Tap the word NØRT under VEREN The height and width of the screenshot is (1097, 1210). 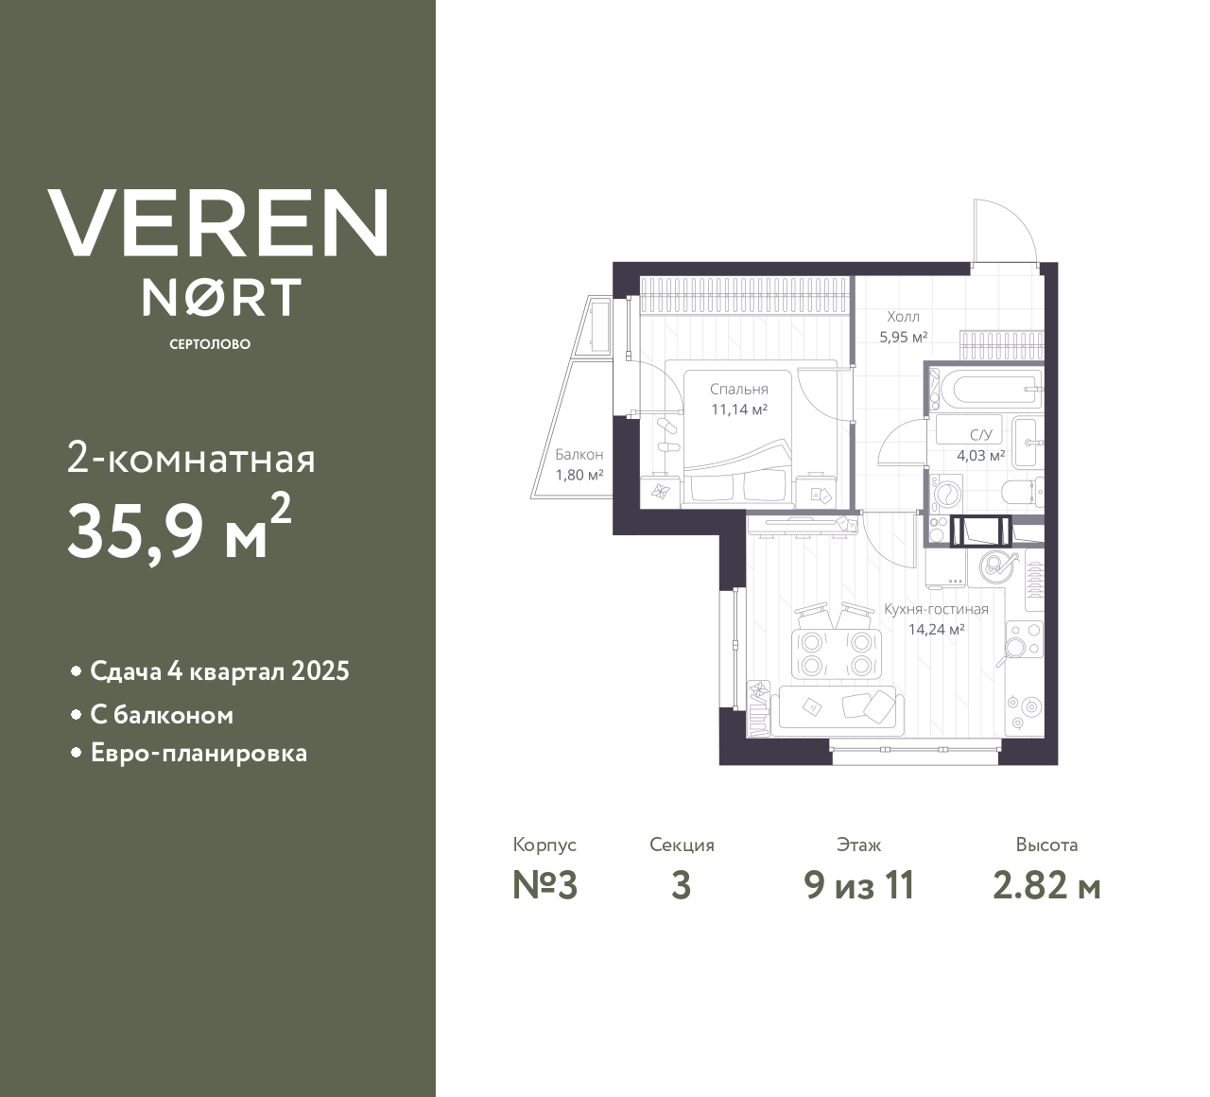[x=221, y=297]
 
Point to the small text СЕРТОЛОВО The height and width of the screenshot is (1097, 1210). [x=210, y=344]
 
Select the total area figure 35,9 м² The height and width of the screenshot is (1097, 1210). [x=180, y=528]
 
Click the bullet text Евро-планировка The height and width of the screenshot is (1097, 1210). [x=199, y=753]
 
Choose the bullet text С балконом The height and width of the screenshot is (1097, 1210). [x=162, y=716]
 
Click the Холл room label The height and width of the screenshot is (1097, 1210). [x=903, y=317]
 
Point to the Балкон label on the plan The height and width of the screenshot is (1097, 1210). [x=579, y=454]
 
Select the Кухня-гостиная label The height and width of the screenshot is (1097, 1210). [x=936, y=609]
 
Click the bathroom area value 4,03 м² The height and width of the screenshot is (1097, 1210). [x=981, y=456]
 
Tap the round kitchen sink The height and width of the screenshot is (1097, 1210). [x=994, y=567]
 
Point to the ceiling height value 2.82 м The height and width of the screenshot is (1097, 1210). [x=1046, y=887]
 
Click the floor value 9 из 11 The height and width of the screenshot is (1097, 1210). [x=859, y=886]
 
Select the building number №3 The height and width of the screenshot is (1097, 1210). [x=545, y=886]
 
